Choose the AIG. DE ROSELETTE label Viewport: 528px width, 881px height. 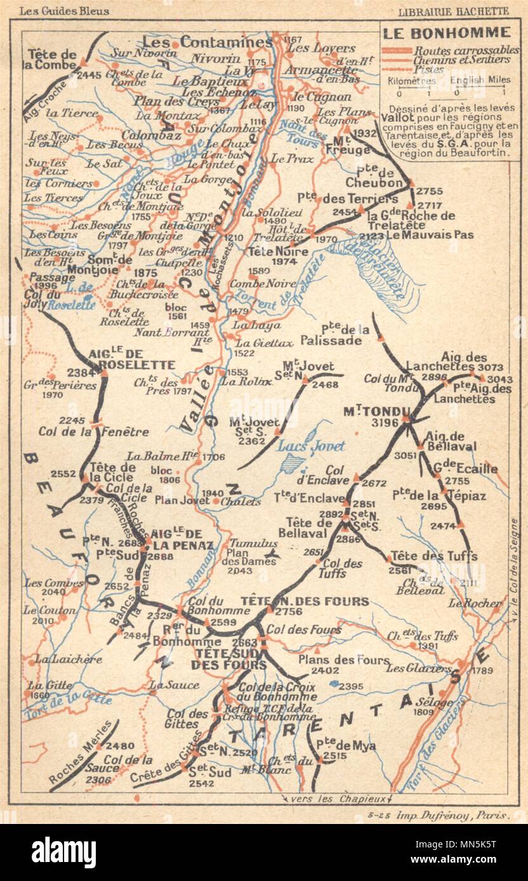[x=132, y=359]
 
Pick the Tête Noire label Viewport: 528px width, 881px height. [x=277, y=251]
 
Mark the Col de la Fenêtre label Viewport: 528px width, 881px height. [x=93, y=432]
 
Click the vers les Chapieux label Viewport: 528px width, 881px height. [x=340, y=798]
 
